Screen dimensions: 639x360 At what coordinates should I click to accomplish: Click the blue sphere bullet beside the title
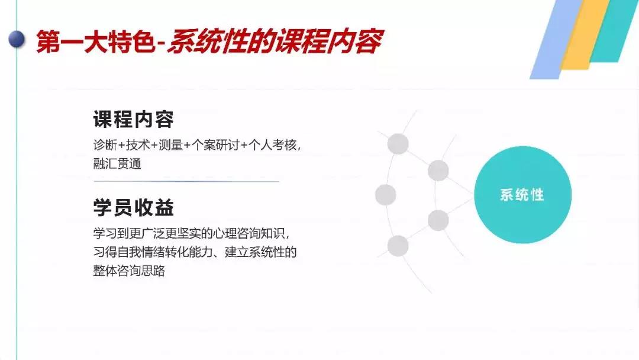(x=17, y=40)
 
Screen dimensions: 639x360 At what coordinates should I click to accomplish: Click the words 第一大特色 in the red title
(x=96, y=41)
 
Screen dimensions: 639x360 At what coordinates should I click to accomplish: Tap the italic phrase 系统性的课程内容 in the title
(x=275, y=41)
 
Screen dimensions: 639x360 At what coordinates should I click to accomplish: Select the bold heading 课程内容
(x=134, y=119)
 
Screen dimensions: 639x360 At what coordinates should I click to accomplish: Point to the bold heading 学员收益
(x=134, y=207)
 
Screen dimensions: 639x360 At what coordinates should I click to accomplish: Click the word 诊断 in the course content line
(x=105, y=144)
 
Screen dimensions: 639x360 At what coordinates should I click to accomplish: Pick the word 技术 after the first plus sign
(x=138, y=144)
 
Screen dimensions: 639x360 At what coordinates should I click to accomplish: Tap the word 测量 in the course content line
(x=171, y=144)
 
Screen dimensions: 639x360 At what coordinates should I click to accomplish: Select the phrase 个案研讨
(x=215, y=144)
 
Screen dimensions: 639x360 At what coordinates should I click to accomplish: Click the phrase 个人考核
(x=273, y=144)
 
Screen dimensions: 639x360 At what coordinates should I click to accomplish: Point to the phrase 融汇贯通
(x=117, y=163)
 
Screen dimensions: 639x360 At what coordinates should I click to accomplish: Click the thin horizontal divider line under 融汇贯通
(x=186, y=181)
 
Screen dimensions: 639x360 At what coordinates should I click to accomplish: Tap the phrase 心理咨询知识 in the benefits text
(x=248, y=233)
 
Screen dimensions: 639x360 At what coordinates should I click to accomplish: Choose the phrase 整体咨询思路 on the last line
(x=129, y=271)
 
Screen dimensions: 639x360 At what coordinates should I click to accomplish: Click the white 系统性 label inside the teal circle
(x=522, y=195)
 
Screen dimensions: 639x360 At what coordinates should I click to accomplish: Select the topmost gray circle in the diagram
(x=398, y=143)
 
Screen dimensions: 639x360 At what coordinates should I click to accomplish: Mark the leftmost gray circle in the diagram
(x=386, y=194)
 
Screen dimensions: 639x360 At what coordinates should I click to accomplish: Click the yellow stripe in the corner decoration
(x=585, y=35)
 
